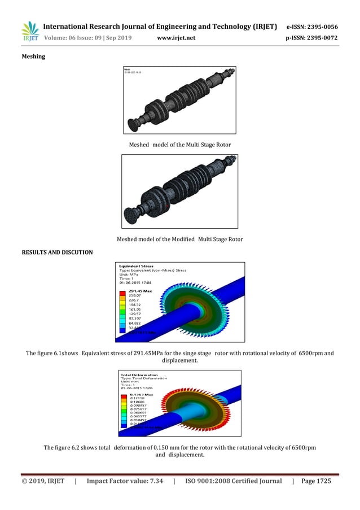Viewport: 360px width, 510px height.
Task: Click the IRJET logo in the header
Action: pyautogui.click(x=30, y=31)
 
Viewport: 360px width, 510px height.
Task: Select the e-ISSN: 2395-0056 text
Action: pyautogui.click(x=312, y=27)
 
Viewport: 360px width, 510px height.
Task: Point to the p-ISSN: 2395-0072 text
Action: pyautogui.click(x=312, y=37)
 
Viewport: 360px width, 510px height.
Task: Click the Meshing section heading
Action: pyautogui.click(x=34, y=56)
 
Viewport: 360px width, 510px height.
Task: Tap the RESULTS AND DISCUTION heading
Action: pyautogui.click(x=57, y=252)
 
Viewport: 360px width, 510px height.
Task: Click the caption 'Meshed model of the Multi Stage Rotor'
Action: pyautogui.click(x=180, y=145)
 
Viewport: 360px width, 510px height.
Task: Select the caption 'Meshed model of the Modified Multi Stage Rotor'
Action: pyautogui.click(x=180, y=239)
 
